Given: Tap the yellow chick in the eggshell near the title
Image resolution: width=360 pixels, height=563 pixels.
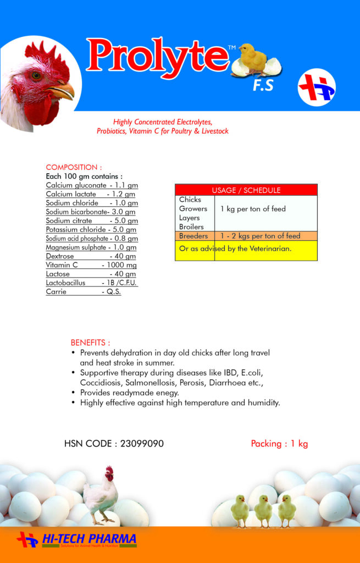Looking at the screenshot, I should tap(254, 58).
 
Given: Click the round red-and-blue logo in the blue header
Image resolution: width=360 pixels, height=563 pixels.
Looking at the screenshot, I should tap(317, 87).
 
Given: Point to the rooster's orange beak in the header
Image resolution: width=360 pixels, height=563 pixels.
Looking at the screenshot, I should tap(62, 90).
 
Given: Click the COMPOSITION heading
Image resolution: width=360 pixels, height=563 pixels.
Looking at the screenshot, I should tap(74, 167).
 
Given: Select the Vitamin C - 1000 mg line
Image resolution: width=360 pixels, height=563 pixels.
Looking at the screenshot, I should tap(91, 265).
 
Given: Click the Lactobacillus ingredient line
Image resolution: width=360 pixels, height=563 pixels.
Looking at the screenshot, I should tap(91, 283).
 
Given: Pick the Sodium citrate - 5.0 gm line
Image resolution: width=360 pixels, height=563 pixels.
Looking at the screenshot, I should tap(91, 220).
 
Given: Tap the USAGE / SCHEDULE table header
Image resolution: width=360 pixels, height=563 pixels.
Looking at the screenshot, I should tap(246, 190).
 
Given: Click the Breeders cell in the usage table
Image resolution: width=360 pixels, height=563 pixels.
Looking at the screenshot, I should tap(193, 236).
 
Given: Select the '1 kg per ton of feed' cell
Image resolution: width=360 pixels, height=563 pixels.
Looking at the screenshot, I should tap(253, 209).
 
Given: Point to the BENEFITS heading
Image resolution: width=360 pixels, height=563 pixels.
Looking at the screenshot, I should tap(90, 342).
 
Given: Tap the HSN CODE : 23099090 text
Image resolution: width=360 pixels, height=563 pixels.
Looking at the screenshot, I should tap(114, 444).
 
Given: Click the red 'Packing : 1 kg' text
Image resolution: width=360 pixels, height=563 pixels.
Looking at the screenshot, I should tap(279, 444).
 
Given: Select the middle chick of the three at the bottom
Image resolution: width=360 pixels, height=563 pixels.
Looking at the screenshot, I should tap(263, 510).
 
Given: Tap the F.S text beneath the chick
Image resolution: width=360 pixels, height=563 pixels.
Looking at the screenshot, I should tap(263, 86).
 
